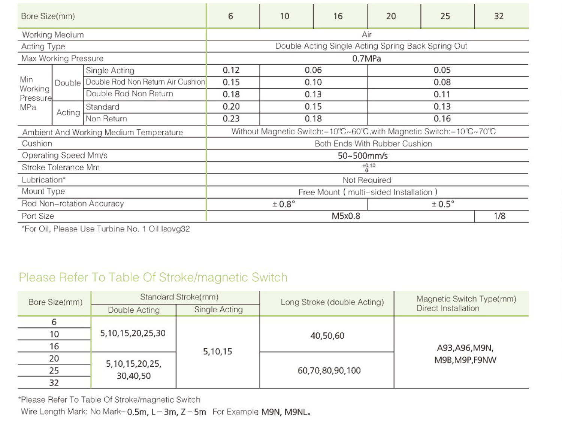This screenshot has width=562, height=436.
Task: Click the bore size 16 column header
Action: pyautogui.click(x=338, y=16)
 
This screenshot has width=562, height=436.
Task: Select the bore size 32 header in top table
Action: pyautogui.click(x=499, y=16)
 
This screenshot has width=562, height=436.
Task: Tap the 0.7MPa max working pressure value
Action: pyautogui.click(x=366, y=58)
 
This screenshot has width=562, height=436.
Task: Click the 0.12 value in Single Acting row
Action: pyautogui.click(x=231, y=70)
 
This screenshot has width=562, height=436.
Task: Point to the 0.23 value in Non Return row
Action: pyautogui.click(x=231, y=119)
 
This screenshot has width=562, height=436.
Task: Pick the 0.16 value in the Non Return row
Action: pyautogui.click(x=442, y=119)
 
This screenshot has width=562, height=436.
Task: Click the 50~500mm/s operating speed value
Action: pyautogui.click(x=363, y=156)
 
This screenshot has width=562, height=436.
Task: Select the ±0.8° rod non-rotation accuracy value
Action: pyautogui.click(x=284, y=204)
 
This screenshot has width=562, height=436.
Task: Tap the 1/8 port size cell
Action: pyautogui.click(x=499, y=216)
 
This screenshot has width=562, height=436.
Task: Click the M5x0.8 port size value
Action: pyautogui.click(x=346, y=216)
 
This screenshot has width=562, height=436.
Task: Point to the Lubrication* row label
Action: pyautogui.click(x=43, y=180)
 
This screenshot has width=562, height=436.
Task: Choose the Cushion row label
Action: pyautogui.click(x=37, y=143)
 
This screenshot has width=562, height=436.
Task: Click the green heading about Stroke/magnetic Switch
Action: pyautogui.click(x=153, y=277)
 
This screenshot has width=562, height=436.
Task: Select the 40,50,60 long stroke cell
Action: pyautogui.click(x=327, y=336)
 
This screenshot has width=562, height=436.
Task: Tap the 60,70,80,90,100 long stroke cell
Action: pyautogui.click(x=329, y=370)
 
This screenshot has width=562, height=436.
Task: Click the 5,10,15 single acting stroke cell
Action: pyautogui.click(x=218, y=351)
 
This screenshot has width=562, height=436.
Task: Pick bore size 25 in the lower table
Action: pyautogui.click(x=54, y=370)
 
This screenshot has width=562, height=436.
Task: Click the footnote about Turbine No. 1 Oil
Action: pyautogui.click(x=106, y=229)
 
